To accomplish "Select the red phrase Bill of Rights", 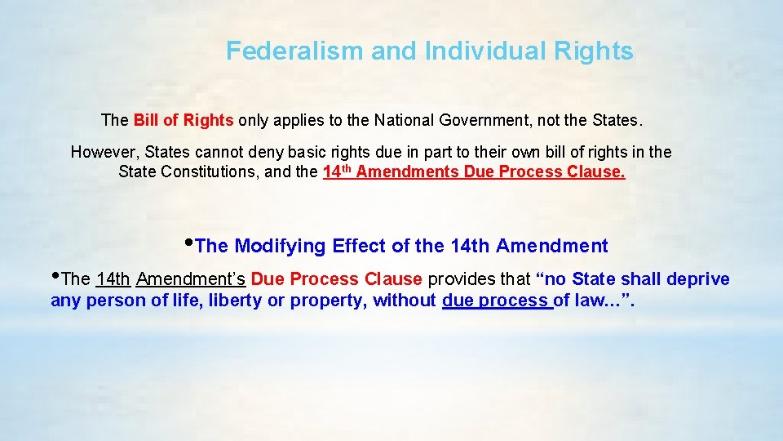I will point(184,121).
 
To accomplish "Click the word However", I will point(104,153).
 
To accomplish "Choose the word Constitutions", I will point(200,172).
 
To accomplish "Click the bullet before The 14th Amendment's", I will point(55,276).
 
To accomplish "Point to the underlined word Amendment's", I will point(191,279).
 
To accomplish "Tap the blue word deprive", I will point(698,279).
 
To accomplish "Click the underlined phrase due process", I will point(495,301).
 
